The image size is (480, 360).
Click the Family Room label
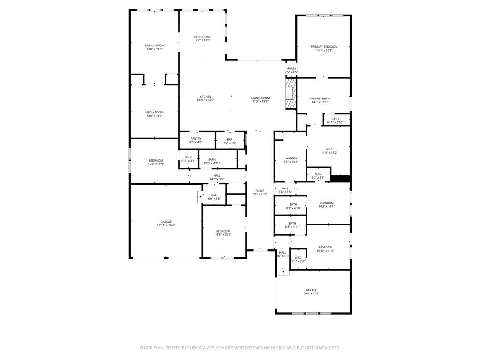[x=154, y=45]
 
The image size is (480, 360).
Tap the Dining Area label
[x=202, y=37]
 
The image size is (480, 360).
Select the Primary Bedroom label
[x=324, y=47]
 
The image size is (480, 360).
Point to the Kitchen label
[x=205, y=97]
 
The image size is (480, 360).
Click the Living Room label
[x=261, y=98]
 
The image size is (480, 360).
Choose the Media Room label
[x=154, y=112]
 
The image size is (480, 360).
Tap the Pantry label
[x=195, y=139]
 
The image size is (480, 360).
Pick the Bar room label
[x=230, y=139]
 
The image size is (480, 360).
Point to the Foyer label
[x=260, y=191]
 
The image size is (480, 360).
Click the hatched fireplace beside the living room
[x=291, y=93]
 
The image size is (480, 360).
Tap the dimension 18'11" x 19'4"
[x=166, y=225]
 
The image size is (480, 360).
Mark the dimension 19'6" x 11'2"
[x=312, y=293]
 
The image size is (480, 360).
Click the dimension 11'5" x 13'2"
[x=330, y=153]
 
